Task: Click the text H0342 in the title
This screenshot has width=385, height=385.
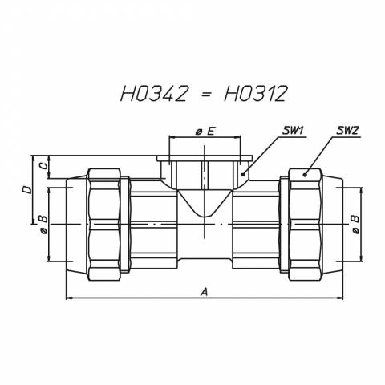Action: point(153,94)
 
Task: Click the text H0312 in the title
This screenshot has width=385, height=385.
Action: point(256,94)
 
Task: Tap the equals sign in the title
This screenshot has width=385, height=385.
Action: point(205,94)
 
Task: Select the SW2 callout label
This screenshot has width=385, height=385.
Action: point(347,131)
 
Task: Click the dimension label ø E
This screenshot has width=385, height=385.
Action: point(205,131)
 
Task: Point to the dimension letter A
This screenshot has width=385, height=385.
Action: point(205,292)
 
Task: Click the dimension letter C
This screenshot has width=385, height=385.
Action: point(43,166)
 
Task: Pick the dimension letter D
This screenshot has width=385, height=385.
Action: point(26,190)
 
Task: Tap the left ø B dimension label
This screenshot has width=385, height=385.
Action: point(43,224)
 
